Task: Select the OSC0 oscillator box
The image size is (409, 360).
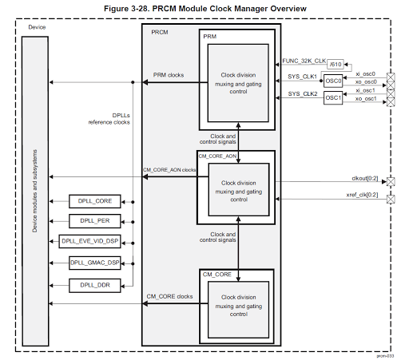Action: point(333,81)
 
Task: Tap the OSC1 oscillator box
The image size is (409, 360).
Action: point(333,98)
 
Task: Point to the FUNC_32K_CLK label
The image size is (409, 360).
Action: point(303,60)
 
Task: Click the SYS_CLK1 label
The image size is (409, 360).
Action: point(303,77)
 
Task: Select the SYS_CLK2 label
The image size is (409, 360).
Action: point(303,94)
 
